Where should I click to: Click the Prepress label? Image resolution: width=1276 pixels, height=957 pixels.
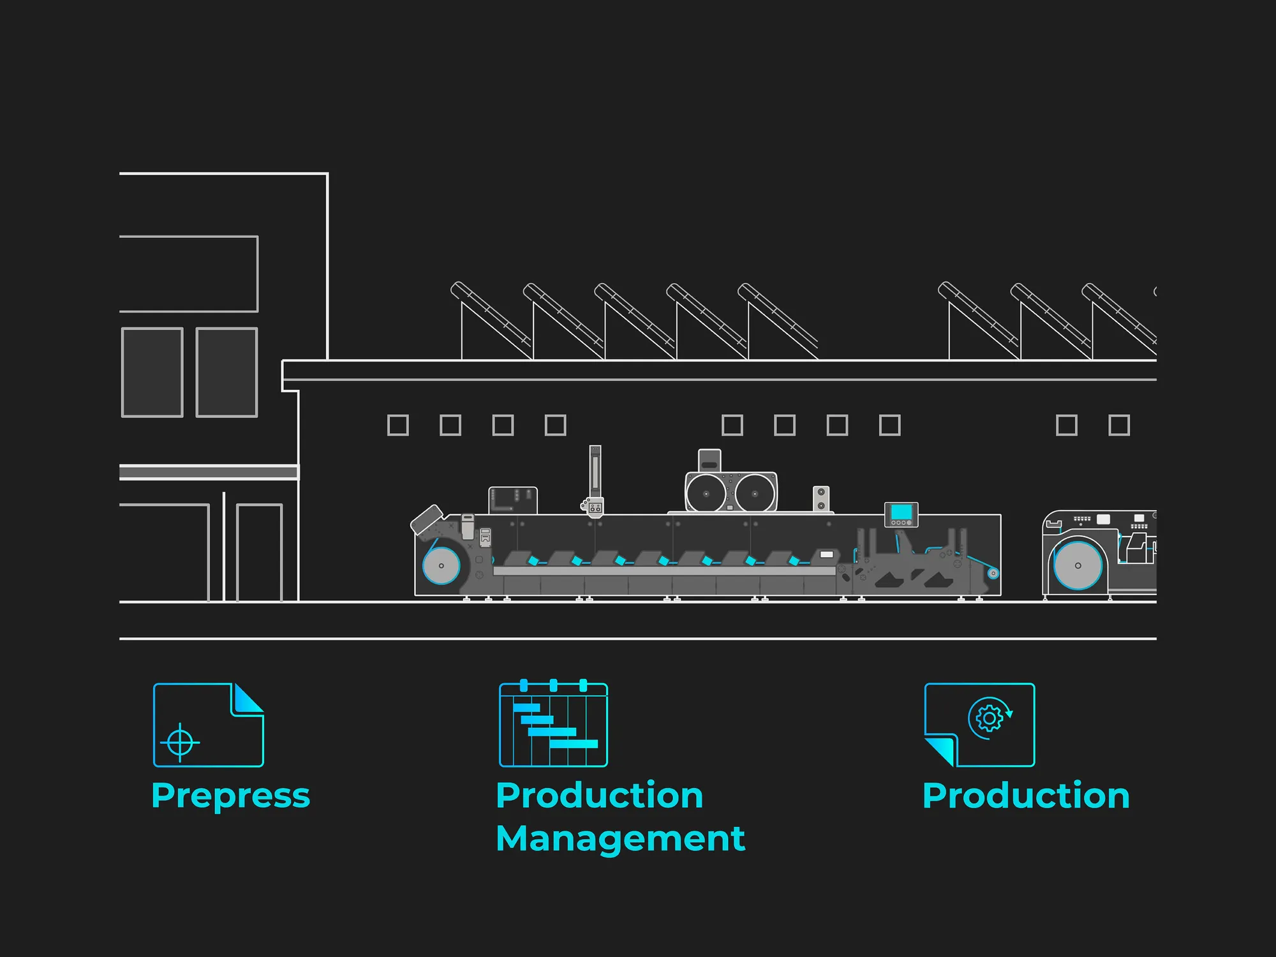tap(230, 796)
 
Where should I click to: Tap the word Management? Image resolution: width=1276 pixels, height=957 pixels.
tap(620, 838)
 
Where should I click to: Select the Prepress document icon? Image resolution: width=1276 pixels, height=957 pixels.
tap(208, 725)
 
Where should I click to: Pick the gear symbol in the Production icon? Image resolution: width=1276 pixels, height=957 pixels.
tap(989, 718)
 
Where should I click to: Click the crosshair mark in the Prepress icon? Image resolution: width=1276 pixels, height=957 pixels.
tap(180, 742)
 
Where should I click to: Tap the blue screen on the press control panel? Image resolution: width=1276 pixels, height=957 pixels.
tap(901, 512)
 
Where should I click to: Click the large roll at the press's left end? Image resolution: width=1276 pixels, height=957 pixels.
tap(441, 565)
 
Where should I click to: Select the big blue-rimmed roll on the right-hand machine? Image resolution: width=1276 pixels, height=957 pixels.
tap(1078, 565)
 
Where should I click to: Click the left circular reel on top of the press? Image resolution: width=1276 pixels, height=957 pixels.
tap(706, 493)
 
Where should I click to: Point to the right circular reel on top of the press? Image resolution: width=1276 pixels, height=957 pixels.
tap(755, 493)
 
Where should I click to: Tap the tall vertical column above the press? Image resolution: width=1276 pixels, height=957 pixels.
tap(595, 472)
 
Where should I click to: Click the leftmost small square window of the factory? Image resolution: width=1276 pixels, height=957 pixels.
tap(398, 425)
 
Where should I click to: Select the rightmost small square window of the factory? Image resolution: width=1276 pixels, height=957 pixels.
tap(1119, 425)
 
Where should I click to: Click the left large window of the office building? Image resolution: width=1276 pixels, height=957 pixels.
tap(152, 373)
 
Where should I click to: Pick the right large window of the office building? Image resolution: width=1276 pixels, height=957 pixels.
tap(226, 373)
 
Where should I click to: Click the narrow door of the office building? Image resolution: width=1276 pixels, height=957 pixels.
tap(259, 553)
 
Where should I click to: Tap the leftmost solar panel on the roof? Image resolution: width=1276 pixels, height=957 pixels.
tap(491, 316)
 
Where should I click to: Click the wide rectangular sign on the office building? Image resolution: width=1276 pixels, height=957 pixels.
tap(189, 274)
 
